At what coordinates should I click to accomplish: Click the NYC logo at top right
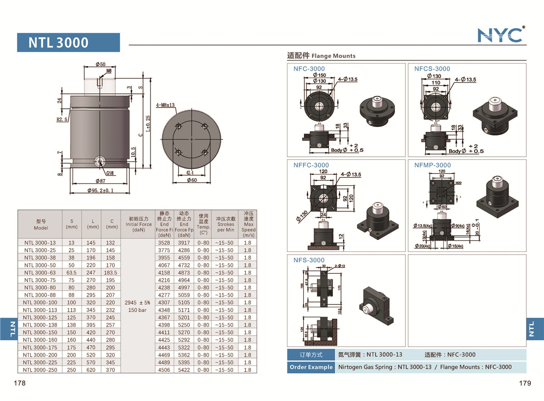point(500,35)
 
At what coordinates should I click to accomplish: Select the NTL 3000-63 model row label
point(40,273)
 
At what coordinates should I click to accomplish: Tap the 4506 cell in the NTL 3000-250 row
point(164,370)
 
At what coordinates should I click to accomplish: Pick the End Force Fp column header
point(184,224)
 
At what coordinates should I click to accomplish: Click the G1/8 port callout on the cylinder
point(110,173)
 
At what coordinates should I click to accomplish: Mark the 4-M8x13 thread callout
point(165,105)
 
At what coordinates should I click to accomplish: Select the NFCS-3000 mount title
point(432,69)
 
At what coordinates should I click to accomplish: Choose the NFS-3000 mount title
point(309,260)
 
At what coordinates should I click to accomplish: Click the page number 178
point(19,383)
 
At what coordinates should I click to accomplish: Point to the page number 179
point(525,383)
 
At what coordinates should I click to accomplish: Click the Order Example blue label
point(311,367)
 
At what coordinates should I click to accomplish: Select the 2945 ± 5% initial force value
point(136,302)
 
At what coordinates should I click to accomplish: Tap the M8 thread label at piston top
point(109,71)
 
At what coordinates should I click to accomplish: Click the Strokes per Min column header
point(226,224)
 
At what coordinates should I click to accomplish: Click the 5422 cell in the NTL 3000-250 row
point(184,370)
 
